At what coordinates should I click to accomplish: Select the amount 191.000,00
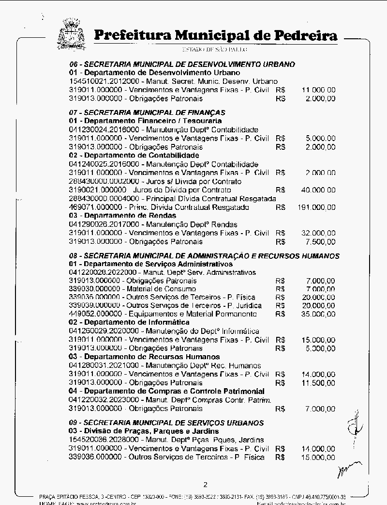pyautogui.click(x=315, y=207)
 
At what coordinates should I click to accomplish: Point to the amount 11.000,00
pyautogui.click(x=318, y=90)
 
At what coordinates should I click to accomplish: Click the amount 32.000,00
pyautogui.click(x=318, y=233)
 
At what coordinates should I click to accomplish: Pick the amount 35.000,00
pyautogui.click(x=318, y=314)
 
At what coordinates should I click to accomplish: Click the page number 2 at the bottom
pyautogui.click(x=205, y=485)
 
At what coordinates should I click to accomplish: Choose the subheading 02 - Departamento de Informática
pyautogui.click(x=129, y=322)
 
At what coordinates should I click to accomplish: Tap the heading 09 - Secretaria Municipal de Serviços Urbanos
pyautogui.click(x=166, y=423)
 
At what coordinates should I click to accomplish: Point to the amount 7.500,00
pyautogui.click(x=320, y=242)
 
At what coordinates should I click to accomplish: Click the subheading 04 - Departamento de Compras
pyautogui.click(x=167, y=391)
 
